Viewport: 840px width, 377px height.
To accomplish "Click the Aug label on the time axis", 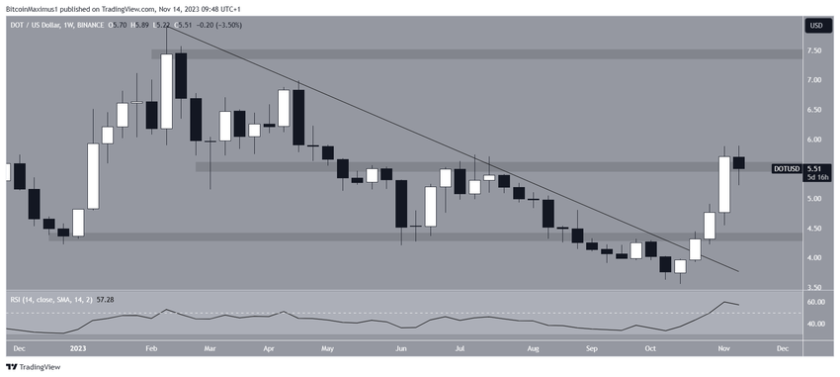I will (533, 348).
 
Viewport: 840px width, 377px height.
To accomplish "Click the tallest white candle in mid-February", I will (166, 91).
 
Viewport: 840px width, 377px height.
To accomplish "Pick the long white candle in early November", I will (724, 184).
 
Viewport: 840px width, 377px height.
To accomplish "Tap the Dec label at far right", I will (783, 348).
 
